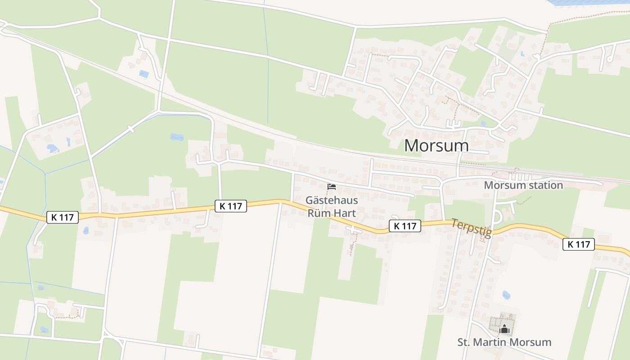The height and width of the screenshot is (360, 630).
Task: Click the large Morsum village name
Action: point(436,145)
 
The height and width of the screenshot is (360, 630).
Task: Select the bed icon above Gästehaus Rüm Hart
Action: point(332,187)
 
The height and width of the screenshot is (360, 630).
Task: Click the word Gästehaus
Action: point(332,200)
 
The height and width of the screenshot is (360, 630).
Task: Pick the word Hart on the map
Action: point(344,212)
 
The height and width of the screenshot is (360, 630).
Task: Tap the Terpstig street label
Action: point(471,227)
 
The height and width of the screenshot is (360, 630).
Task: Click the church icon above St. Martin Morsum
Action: point(504,329)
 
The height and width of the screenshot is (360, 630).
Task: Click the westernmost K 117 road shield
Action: point(63,217)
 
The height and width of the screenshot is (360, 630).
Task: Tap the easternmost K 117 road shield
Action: point(578,244)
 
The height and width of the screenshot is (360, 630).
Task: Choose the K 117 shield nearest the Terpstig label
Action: point(405,226)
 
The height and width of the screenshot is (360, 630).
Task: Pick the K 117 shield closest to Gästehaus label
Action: point(231,206)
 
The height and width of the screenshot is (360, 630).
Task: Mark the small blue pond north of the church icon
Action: point(506,295)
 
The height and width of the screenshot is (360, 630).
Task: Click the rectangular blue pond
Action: point(144,74)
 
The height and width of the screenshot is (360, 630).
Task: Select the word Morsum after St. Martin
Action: point(531,342)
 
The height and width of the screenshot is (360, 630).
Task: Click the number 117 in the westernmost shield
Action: point(67,217)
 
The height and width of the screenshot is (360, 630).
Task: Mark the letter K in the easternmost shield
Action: point(570,244)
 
